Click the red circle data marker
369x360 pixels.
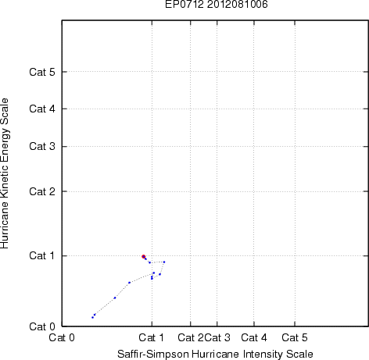coord(144,257)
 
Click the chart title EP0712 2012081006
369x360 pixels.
coord(217,4)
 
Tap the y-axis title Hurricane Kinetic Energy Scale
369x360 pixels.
coord(5,173)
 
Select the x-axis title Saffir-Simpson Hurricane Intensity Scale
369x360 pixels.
coord(215,354)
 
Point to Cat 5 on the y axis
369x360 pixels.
coord(42,72)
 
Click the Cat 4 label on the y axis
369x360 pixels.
coord(42,109)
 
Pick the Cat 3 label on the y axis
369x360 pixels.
coord(42,146)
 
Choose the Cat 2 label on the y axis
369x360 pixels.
coord(42,191)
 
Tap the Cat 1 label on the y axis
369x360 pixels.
coord(42,255)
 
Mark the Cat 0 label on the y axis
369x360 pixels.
coord(42,326)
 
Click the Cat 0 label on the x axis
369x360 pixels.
coord(62,337)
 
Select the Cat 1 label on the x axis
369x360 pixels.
coord(152,337)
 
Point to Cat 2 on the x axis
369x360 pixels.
coord(191,337)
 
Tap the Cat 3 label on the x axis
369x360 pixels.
coord(217,337)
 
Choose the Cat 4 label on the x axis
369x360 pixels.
coord(254,337)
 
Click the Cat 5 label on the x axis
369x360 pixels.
coord(295,337)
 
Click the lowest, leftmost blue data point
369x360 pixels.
coord(92,317)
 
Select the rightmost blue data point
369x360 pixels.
coord(164,262)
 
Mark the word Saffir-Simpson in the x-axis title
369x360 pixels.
coord(153,354)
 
